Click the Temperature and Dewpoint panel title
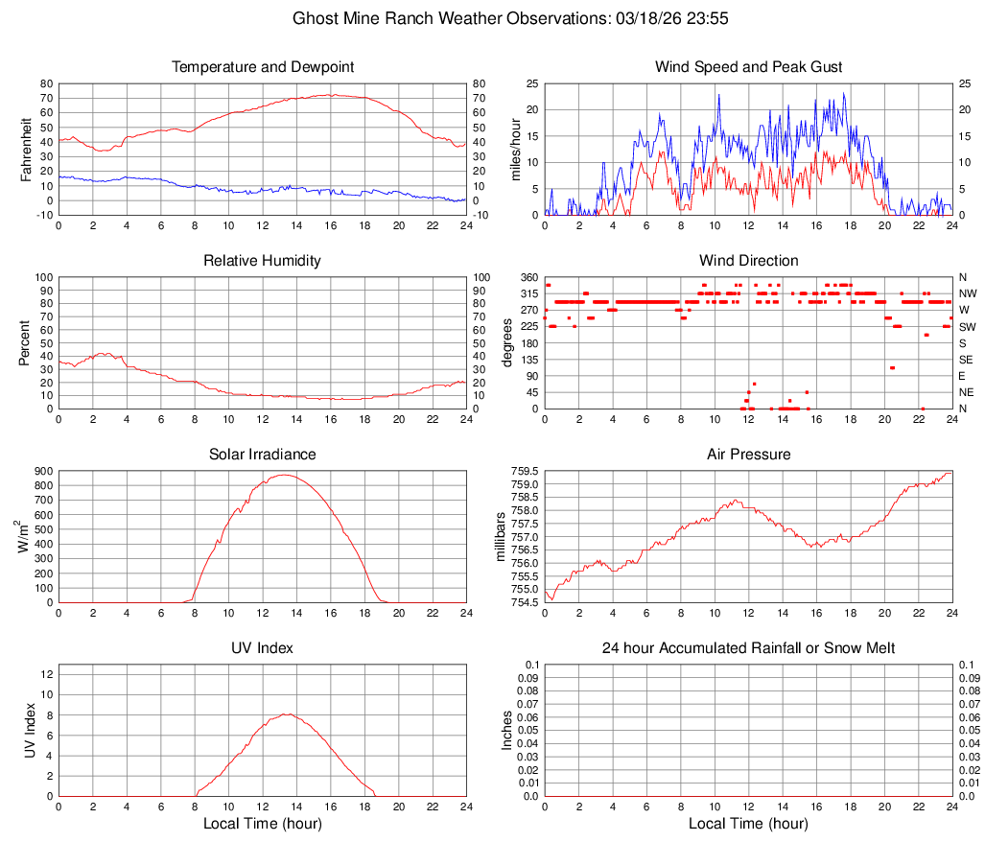point(263,67)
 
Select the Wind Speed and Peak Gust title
point(748,67)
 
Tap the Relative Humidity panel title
point(263,261)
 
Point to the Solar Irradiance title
point(263,455)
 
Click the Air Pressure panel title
point(748,455)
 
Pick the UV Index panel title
point(263,648)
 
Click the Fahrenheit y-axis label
point(27,149)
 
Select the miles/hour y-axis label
point(515,149)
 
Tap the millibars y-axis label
point(501,536)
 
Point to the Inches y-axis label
point(507,730)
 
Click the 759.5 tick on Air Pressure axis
point(525,472)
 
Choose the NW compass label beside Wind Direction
point(968,293)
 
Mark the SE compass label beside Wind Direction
point(967,360)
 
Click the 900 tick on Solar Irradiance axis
point(43,472)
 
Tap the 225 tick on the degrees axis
point(528,326)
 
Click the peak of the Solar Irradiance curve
point(284,475)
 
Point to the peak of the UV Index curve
point(288,713)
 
